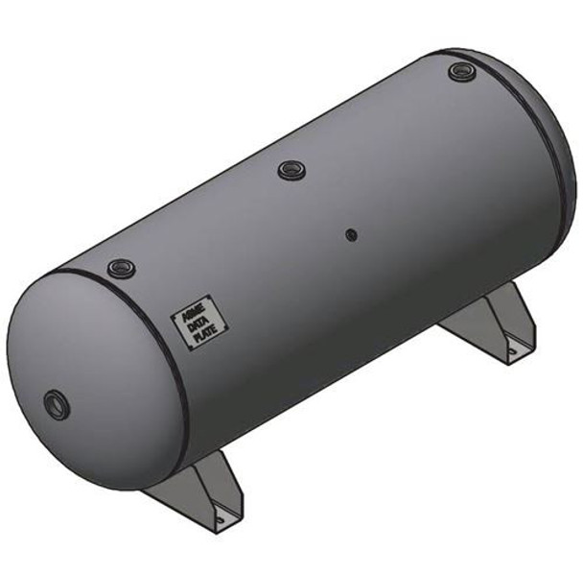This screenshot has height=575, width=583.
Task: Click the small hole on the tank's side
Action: pyautogui.click(x=352, y=233)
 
